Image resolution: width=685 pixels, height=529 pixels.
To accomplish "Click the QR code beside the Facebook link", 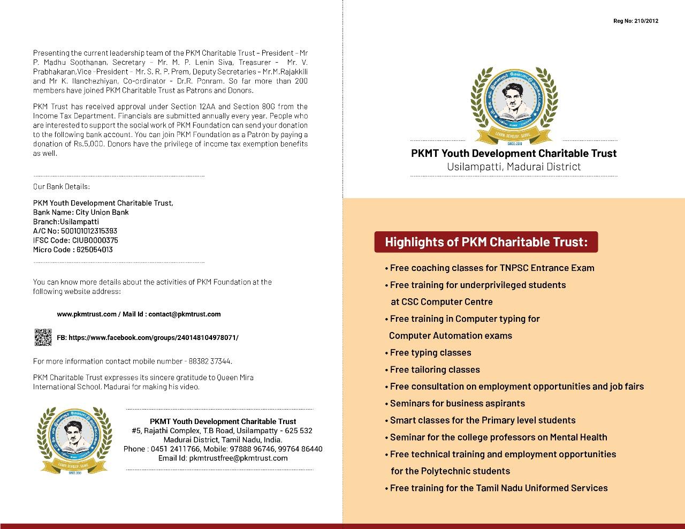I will pyautogui.click(x=43, y=337).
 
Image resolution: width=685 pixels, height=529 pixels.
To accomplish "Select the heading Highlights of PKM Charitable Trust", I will pyautogui.click(x=486, y=242).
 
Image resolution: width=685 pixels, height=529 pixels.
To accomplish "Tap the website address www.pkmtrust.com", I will pyautogui.click(x=86, y=314).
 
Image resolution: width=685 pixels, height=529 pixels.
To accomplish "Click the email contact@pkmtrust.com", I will pyautogui.click(x=185, y=314).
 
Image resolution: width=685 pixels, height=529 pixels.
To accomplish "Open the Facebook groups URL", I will pyautogui.click(x=154, y=338).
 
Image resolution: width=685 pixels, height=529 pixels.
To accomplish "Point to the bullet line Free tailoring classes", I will pyautogui.click(x=435, y=369).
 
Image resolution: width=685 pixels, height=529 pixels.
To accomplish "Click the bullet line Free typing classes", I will pyautogui.click(x=430, y=353).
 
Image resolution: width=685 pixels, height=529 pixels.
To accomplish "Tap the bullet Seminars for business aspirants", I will pyautogui.click(x=457, y=404).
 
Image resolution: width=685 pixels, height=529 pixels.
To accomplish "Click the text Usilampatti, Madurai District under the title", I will pyautogui.click(x=514, y=167).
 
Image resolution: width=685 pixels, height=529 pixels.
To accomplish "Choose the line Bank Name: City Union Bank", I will pyautogui.click(x=81, y=212).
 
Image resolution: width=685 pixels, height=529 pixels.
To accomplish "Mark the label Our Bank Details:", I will pyautogui.click(x=62, y=187).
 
